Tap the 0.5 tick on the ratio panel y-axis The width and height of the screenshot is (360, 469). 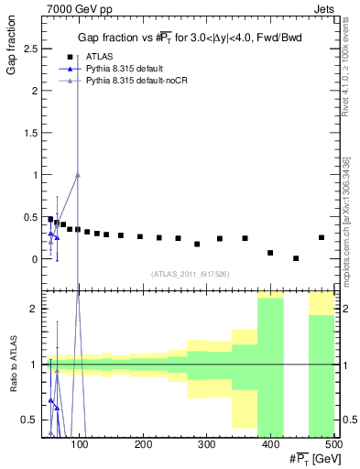click(30, 420)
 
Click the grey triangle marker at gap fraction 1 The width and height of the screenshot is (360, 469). click(78, 174)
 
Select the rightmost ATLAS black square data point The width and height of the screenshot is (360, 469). click(322, 237)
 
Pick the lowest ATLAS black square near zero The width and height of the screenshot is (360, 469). click(296, 258)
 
